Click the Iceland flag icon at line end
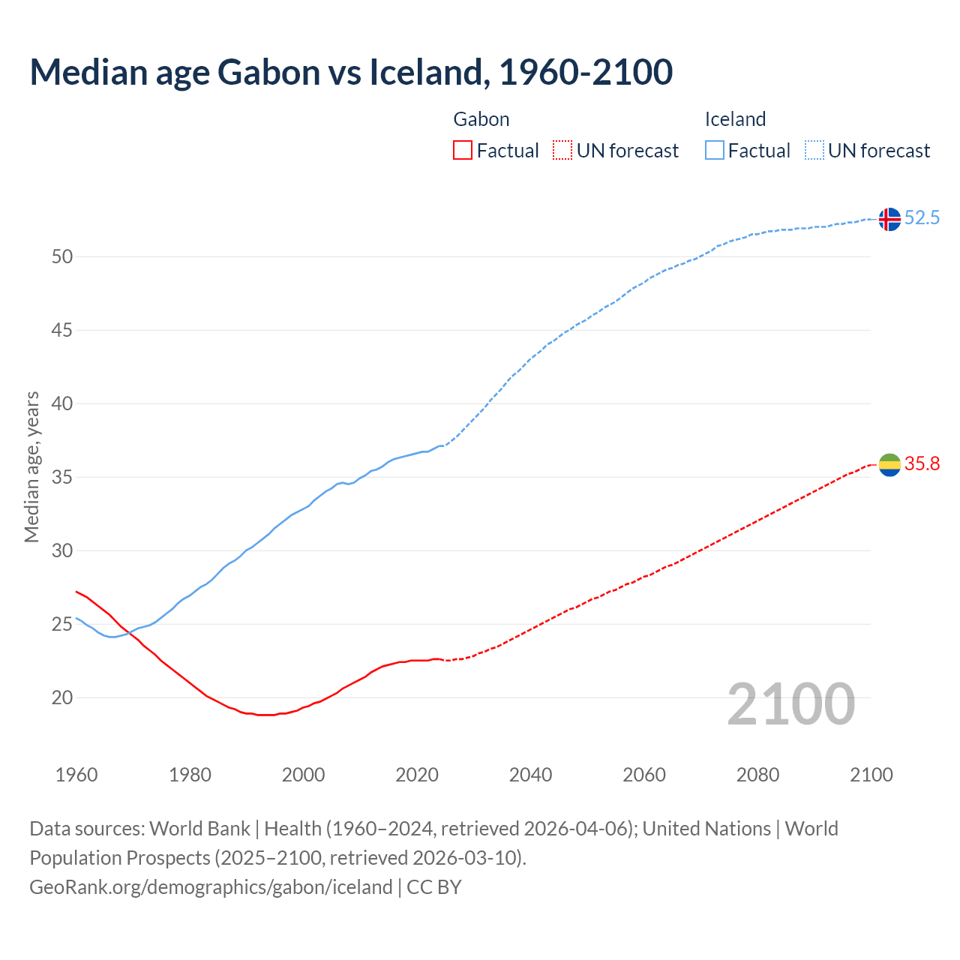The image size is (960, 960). (889, 219)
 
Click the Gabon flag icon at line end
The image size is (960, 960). (889, 465)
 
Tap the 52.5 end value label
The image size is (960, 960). (922, 218)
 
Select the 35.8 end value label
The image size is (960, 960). (922, 464)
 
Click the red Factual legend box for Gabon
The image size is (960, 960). (463, 151)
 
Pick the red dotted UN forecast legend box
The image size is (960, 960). (562, 151)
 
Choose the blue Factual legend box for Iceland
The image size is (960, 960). (715, 151)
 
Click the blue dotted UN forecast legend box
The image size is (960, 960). (814, 151)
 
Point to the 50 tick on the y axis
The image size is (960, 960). (62, 257)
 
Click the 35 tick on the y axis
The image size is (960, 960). (62, 478)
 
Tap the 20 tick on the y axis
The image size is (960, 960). (62, 698)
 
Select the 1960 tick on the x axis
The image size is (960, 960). (76, 775)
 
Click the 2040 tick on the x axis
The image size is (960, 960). (530, 775)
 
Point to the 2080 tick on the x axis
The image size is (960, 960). (757, 775)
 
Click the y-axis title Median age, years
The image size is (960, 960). (31, 466)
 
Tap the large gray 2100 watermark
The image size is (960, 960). (791, 704)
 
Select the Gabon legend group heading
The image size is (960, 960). (481, 119)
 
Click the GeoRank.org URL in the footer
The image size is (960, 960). (211, 887)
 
